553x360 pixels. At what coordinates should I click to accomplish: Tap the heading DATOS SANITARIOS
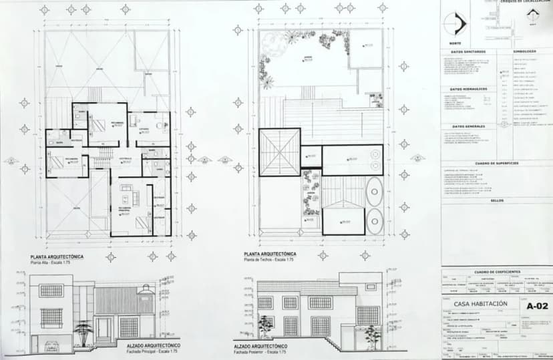coord(468,51)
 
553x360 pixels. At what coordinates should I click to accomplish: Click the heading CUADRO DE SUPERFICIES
coord(496,163)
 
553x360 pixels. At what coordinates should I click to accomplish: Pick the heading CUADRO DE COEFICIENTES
coord(496,273)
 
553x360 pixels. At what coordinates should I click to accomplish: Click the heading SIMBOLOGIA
coord(525,51)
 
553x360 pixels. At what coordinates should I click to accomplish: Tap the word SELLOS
coord(496,200)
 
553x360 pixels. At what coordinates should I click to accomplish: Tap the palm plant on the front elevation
coord(83,330)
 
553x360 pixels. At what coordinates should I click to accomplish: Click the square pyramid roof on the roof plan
coord(279,151)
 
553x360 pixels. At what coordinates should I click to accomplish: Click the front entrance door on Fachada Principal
coord(104,328)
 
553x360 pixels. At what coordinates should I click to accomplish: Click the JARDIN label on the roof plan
coord(309,57)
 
